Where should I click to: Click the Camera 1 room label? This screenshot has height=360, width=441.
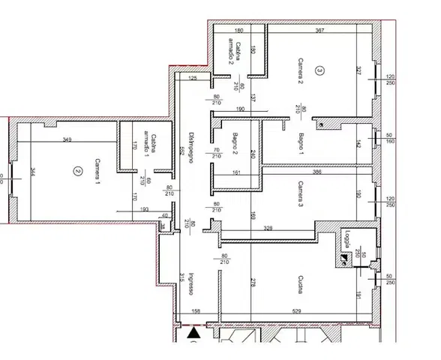[97, 172]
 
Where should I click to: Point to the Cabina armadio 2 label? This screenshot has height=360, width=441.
[233, 52]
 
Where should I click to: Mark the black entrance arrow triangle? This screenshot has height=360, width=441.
[194, 330]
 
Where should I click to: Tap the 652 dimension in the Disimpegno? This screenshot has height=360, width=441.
[181, 150]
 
